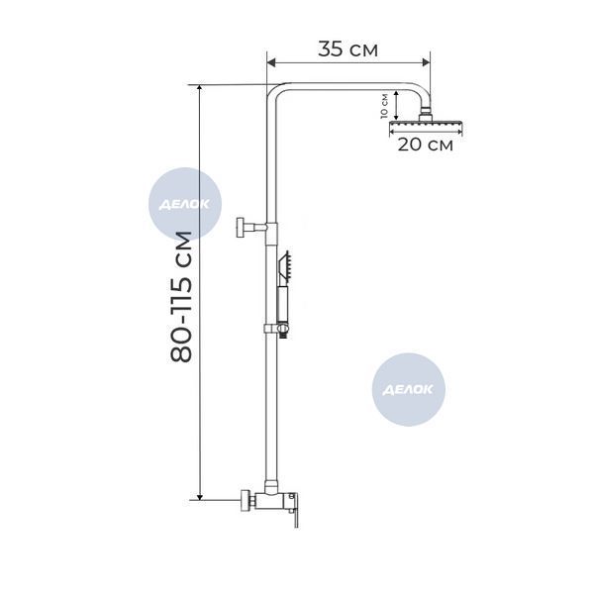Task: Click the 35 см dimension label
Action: (347, 49)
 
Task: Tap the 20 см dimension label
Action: (425, 145)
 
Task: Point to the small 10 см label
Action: (384, 106)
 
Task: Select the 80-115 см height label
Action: (181, 296)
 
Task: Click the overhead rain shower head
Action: (426, 125)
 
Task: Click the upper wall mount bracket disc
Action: (241, 228)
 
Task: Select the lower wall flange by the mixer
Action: (246, 501)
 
